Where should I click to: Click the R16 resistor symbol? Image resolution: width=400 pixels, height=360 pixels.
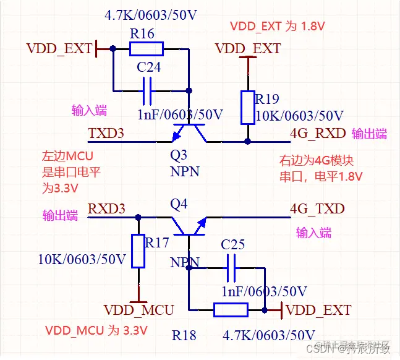[x=147, y=48]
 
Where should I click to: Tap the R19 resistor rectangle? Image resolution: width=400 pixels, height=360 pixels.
[x=247, y=106]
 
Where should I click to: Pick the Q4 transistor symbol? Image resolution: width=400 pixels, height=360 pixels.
[x=189, y=226]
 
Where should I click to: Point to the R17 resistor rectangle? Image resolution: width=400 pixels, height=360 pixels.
[x=138, y=251]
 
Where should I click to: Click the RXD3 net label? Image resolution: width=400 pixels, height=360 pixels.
[x=106, y=208]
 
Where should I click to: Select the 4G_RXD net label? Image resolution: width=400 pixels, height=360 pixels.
[x=317, y=134]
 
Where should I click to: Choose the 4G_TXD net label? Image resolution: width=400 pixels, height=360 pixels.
[x=317, y=208]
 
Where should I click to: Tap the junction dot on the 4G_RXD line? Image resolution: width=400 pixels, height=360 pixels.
[x=247, y=142]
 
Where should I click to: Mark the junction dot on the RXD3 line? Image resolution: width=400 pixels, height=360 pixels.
[x=138, y=217]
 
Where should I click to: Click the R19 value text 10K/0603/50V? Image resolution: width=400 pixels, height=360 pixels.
[x=299, y=116]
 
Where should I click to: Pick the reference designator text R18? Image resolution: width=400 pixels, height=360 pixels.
[x=184, y=335]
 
